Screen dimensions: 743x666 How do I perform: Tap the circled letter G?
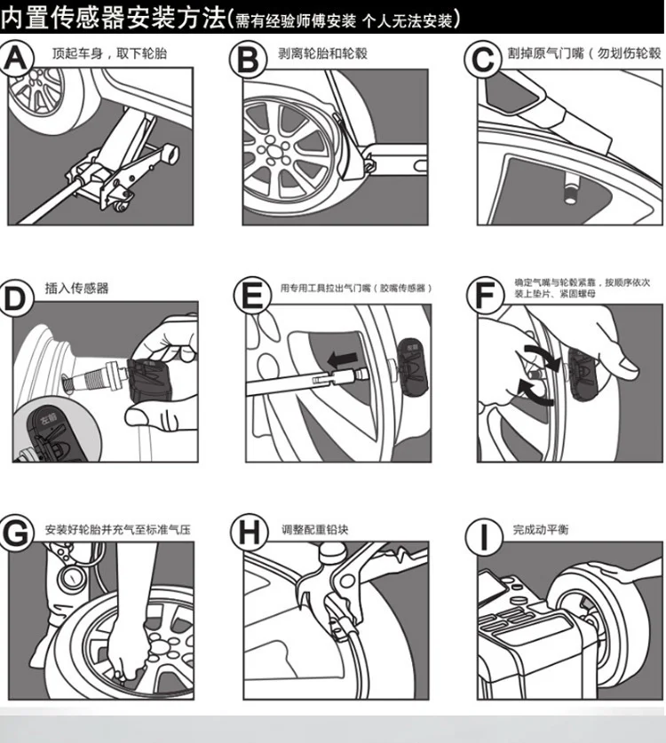(20, 533)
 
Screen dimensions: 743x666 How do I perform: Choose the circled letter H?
(249, 533)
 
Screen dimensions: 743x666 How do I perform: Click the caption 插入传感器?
(76, 289)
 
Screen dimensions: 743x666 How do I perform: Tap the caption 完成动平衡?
(541, 530)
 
